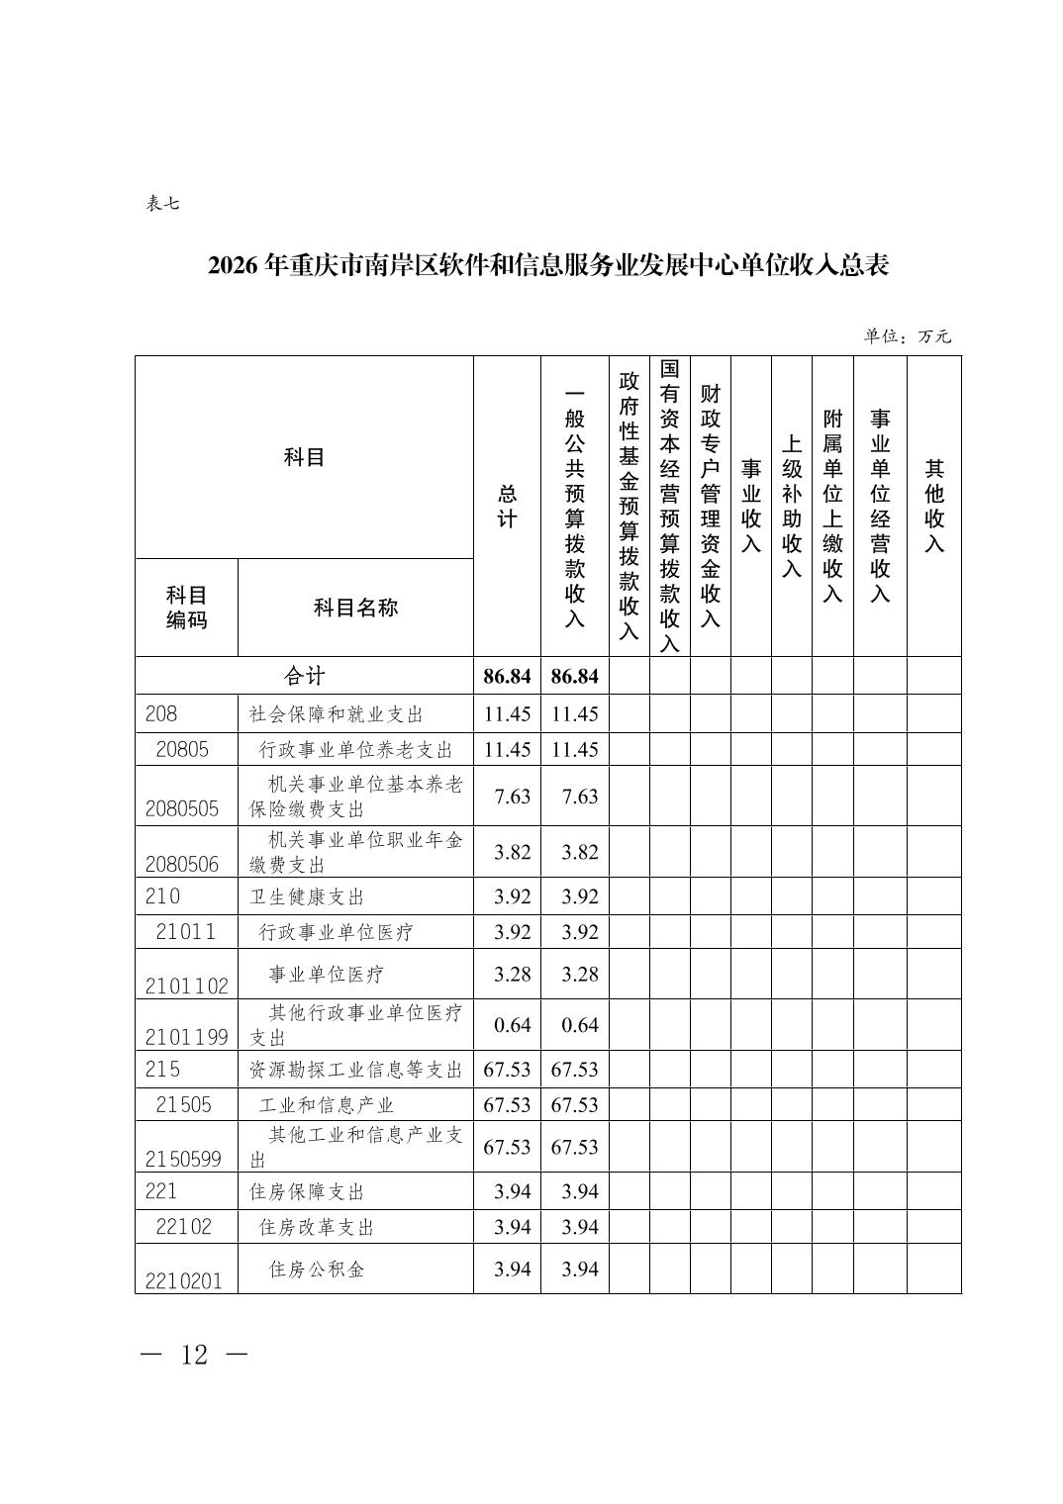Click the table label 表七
(162, 204)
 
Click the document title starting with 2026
(548, 266)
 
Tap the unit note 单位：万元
(907, 336)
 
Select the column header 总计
(507, 506)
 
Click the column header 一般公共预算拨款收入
(574, 506)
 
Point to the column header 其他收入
(933, 506)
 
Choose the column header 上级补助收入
(791, 506)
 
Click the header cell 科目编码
(186, 608)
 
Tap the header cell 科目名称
(355, 608)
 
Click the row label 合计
(304, 676)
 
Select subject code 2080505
(182, 808)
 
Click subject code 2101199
(186, 1036)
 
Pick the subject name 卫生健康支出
(307, 896)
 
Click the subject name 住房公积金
(317, 1269)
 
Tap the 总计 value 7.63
(512, 797)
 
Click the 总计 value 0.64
(512, 1025)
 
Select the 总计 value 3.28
(512, 975)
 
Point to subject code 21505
(183, 1105)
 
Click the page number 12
(195, 1355)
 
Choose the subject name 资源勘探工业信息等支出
(355, 1070)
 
